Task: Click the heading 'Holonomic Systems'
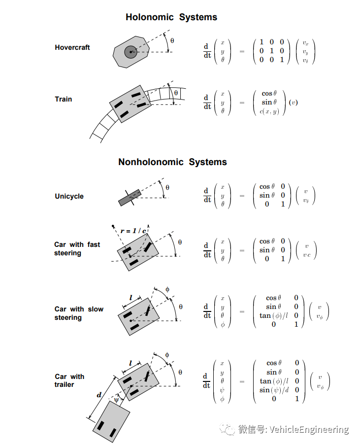[x=171, y=17]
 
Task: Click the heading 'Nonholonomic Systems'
[x=172, y=162]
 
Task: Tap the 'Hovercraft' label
[x=72, y=48]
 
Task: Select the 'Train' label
[x=64, y=99]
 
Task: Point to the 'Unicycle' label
[x=69, y=196]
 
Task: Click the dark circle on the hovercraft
[x=131, y=52]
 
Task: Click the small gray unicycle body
[x=130, y=198]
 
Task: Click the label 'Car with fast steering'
[x=77, y=249]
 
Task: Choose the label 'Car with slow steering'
[x=79, y=313]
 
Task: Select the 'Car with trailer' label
[x=69, y=380]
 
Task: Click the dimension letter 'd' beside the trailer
[x=99, y=395]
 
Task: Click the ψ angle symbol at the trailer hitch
[x=117, y=400]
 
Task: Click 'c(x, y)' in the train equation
[x=268, y=111]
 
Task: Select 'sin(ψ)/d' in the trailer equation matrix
[x=273, y=390]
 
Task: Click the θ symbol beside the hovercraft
[x=172, y=41]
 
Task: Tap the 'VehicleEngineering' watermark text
[x=308, y=430]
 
